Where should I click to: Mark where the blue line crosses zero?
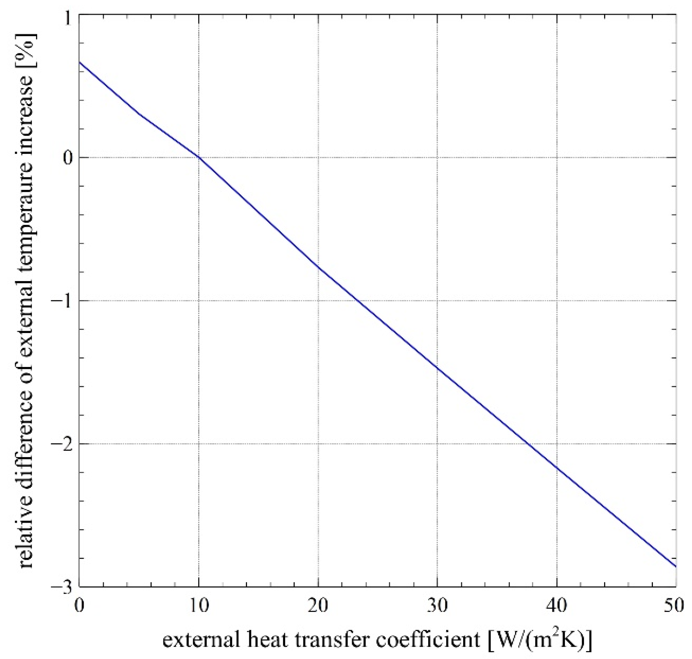pos(199,157)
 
